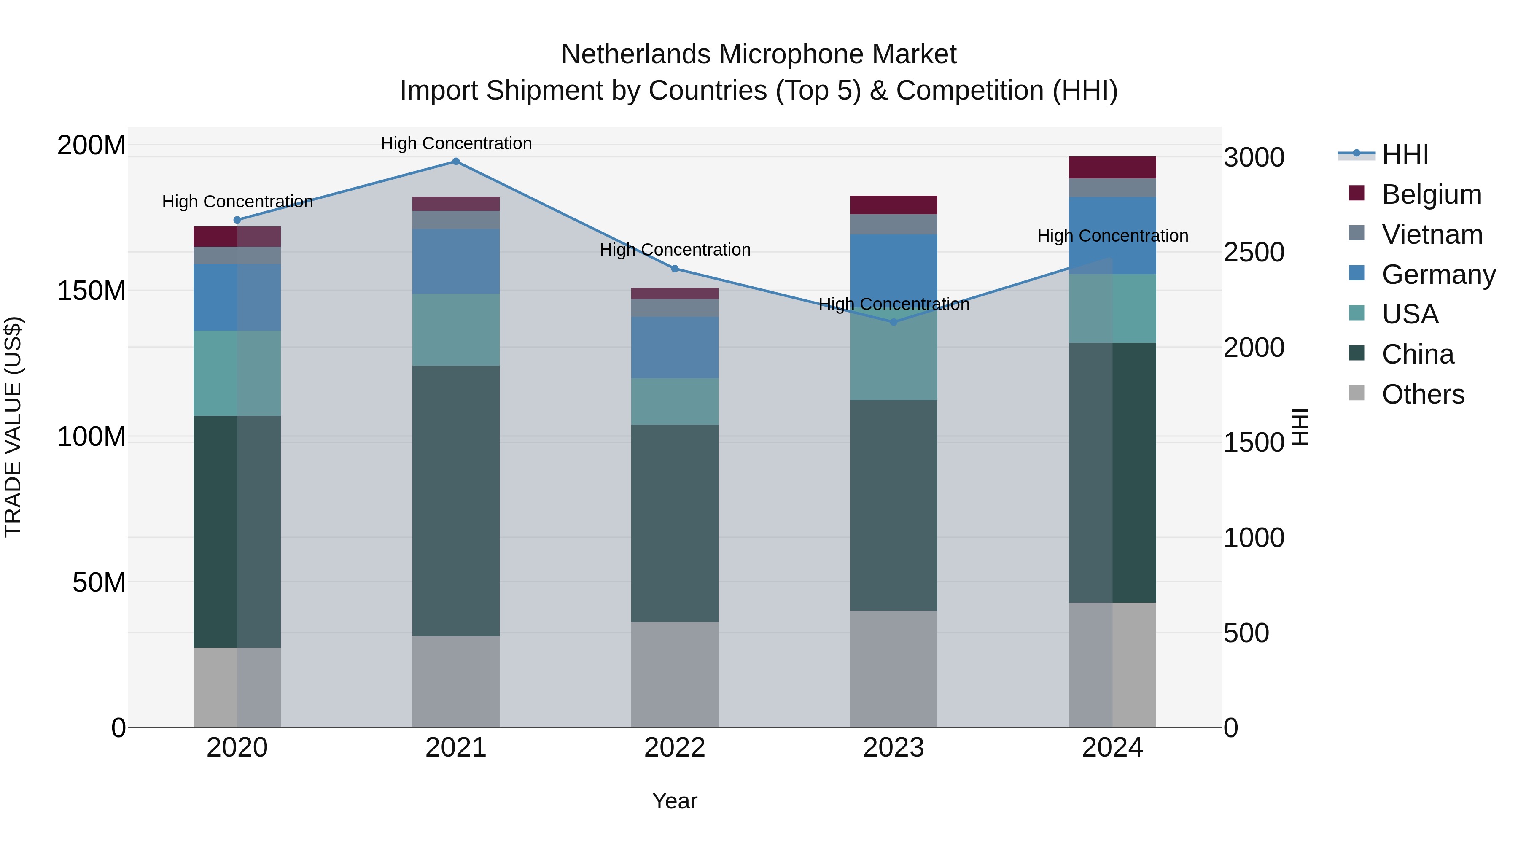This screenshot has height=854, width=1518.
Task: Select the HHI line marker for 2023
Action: (x=894, y=322)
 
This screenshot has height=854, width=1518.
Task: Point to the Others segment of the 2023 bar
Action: (x=894, y=668)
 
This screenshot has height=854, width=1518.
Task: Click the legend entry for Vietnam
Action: (x=1432, y=234)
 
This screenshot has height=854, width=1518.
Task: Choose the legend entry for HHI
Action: (x=1405, y=154)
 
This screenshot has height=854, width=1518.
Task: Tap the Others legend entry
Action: (x=1423, y=394)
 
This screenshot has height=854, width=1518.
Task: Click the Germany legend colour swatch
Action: (x=1356, y=273)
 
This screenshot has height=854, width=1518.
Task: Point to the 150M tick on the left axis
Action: (x=92, y=291)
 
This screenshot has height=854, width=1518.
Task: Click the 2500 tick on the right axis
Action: (x=1254, y=252)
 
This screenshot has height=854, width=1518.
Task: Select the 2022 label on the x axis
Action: (x=675, y=747)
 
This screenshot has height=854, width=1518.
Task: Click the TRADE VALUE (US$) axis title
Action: (x=13, y=427)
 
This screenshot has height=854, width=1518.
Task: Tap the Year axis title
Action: (x=674, y=801)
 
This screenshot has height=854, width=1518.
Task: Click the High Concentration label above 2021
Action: (x=456, y=143)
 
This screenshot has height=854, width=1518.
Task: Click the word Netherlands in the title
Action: (x=636, y=54)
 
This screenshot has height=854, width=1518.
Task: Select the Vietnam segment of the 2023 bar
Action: (x=894, y=224)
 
